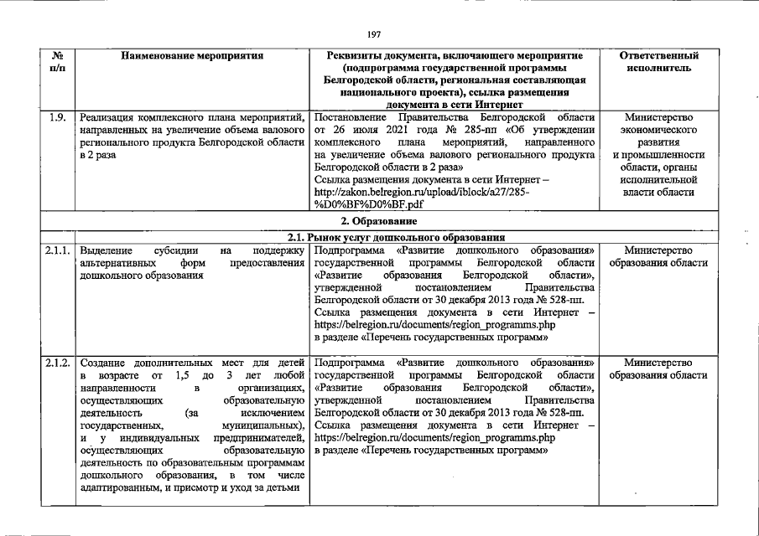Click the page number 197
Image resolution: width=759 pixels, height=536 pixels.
point(374,34)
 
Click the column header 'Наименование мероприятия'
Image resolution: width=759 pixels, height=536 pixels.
point(192,56)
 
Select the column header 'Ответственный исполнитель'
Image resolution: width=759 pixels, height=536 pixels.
point(658,62)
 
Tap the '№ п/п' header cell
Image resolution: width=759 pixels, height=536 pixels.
point(58,62)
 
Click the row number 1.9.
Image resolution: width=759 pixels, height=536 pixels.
point(57,117)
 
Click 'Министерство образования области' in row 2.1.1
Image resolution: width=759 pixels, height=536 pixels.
point(658,256)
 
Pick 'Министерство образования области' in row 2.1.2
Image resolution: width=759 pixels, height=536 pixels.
point(658,369)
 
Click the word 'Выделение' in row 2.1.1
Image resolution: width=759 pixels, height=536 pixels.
point(104,250)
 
